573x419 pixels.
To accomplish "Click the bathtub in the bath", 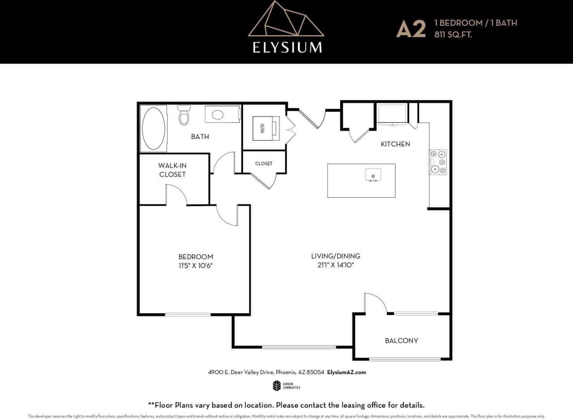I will point(153,128).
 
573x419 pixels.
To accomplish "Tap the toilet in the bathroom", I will point(184,115).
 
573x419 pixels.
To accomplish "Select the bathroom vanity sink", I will point(218,115).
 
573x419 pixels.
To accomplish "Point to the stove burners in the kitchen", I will point(438,162).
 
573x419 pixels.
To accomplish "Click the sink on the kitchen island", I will point(372,175).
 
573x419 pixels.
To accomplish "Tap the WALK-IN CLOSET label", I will point(172,170).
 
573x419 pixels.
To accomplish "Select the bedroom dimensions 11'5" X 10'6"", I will point(196,265).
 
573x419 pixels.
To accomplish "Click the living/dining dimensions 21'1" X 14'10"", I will point(336,265).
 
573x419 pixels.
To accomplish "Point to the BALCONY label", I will point(402,341).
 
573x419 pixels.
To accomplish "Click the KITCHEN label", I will point(395,144).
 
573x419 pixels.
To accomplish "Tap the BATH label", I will point(200,136).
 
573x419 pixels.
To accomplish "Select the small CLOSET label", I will point(264,164).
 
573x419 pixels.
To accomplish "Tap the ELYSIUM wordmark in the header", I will point(287,47).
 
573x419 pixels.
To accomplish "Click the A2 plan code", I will point(411,29).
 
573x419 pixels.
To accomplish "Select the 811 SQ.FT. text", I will point(453,34).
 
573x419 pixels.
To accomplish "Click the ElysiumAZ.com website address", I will point(347,372).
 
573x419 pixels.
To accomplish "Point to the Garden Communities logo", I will point(286,385).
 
